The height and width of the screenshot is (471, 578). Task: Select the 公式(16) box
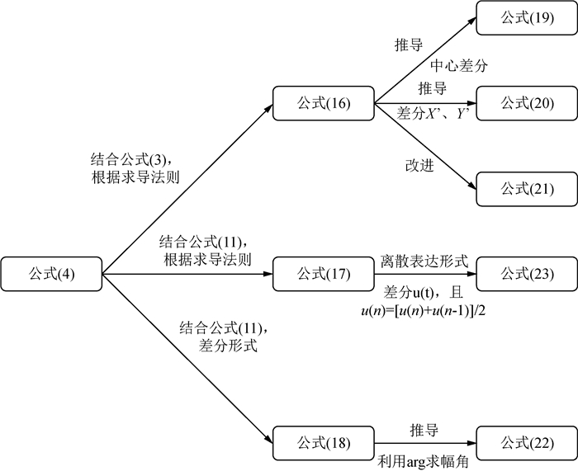coord(324,103)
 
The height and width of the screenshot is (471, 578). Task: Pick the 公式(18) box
coord(324,444)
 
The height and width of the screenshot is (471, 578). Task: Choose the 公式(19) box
coord(526,17)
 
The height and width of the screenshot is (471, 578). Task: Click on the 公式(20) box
coord(526,103)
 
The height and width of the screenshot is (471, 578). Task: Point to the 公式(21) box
coord(526,189)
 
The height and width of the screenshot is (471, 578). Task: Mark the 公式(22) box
coord(526,444)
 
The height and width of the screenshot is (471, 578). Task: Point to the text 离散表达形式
coord(424,260)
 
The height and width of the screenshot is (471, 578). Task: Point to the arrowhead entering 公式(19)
coord(471,20)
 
